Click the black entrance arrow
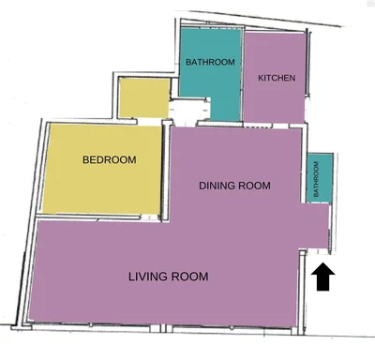322,277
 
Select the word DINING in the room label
217,186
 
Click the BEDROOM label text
110,160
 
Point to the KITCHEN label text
277,78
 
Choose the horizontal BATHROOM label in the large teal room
210,62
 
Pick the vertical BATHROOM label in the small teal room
316,179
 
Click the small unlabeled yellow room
144,97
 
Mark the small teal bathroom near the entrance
319,178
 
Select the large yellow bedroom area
102,169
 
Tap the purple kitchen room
274,78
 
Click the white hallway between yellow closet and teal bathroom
188,110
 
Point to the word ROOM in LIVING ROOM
188,277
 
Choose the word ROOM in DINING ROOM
254,186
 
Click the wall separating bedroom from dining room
166,172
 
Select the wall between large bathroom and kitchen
243,75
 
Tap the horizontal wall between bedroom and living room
88,217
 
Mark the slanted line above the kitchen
264,19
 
